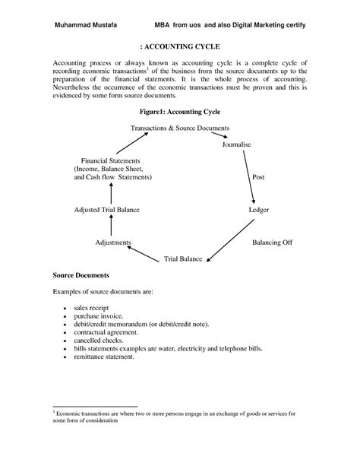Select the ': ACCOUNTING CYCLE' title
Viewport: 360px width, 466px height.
click(x=180, y=46)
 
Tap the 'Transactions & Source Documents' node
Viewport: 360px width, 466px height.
click(x=180, y=128)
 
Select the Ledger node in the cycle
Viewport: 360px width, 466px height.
click(x=259, y=209)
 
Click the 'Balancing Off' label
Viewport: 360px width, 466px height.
click(x=273, y=243)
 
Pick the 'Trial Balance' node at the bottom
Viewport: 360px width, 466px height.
click(x=183, y=259)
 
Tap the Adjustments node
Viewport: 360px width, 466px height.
click(x=113, y=243)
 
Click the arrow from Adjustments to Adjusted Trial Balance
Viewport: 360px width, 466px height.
click(x=111, y=226)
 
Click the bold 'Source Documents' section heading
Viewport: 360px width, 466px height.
click(x=81, y=274)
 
